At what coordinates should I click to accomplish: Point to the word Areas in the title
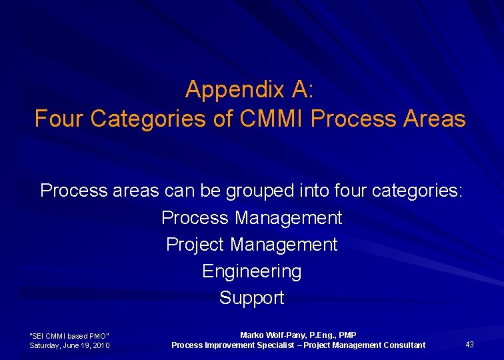click(434, 119)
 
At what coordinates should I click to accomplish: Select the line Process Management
click(251, 218)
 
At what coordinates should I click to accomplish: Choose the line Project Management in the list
click(251, 245)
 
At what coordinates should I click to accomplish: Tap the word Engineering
click(251, 271)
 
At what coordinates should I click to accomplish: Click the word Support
click(251, 298)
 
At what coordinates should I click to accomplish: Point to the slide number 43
click(469, 345)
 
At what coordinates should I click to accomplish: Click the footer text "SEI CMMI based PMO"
click(69, 335)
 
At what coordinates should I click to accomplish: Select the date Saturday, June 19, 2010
click(69, 345)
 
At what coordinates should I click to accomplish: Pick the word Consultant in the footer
click(403, 345)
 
